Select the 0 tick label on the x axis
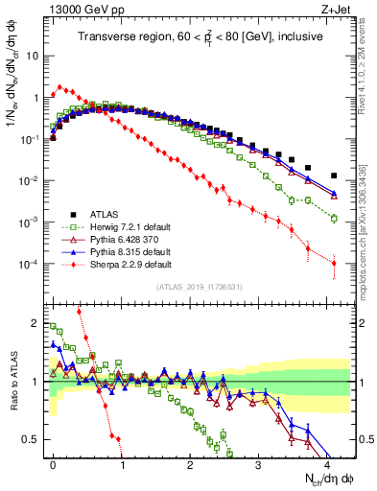(x=53, y=462)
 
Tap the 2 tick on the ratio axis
(x=36, y=322)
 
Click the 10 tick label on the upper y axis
(x=32, y=56)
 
